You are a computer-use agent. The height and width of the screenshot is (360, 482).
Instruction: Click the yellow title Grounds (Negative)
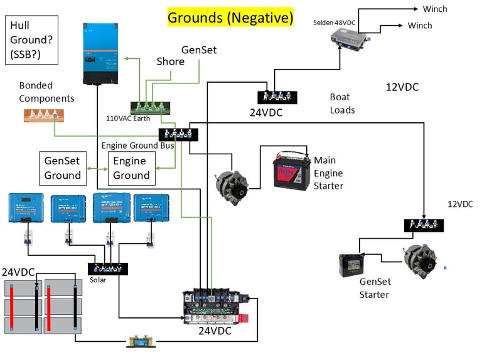pos(230,18)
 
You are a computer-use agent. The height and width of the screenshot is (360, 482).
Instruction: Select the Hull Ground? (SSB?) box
pos(31,41)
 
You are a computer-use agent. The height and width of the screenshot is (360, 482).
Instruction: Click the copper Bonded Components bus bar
pos(44,115)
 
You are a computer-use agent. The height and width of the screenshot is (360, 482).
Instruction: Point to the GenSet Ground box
pos(63,167)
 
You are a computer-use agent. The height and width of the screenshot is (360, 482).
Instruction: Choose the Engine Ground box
pos(131,167)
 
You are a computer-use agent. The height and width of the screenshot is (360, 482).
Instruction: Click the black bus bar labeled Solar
pos(107,268)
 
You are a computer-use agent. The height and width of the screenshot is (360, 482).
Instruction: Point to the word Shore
pos(170,61)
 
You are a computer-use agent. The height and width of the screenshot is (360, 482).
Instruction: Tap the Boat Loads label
pos(342,103)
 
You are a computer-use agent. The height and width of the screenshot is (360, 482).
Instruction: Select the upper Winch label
pos(435,8)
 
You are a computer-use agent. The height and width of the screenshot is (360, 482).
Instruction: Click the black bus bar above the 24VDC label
pos(277,97)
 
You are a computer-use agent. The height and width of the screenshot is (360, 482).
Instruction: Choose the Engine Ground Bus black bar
pos(178,134)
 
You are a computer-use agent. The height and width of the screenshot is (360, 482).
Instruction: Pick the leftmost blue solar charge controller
pos(26,207)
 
